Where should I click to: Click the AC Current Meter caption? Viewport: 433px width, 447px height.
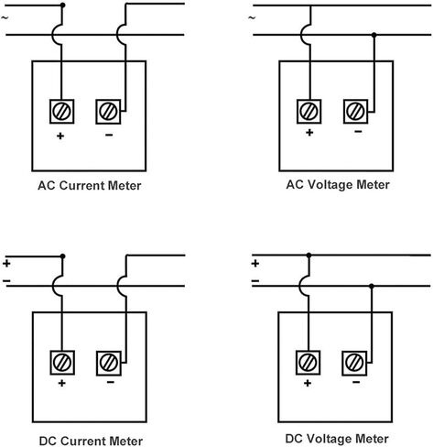[x=90, y=186]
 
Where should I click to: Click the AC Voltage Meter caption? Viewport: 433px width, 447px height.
[x=338, y=185]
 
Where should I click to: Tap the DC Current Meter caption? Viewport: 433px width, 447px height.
[x=91, y=441]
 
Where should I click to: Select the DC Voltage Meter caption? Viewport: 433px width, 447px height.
[x=337, y=439]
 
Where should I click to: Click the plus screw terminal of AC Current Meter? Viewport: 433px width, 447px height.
[x=61, y=112]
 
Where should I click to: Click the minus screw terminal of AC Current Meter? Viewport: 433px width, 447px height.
[x=108, y=112]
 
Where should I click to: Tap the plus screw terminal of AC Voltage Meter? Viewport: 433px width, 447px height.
[x=309, y=112]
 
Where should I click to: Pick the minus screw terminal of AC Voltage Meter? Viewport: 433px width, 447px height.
[x=355, y=112]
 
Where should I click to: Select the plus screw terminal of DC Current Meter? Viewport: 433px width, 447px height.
[x=62, y=363]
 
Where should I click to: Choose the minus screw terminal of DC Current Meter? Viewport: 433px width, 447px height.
[x=109, y=364]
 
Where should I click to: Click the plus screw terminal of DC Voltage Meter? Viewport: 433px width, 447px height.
[x=308, y=363]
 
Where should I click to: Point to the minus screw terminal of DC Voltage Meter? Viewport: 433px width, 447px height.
[x=354, y=364]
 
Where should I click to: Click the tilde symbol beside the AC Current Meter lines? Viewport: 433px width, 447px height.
[x=5, y=17]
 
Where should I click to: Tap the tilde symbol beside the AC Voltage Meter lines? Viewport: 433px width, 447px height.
[x=252, y=17]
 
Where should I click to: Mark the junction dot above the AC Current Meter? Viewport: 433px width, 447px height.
[x=62, y=5]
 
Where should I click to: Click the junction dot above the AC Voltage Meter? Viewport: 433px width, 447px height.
[x=374, y=35]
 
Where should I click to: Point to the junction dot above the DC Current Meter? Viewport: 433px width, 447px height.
[x=63, y=256]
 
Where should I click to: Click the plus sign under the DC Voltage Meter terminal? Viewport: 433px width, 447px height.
[x=308, y=383]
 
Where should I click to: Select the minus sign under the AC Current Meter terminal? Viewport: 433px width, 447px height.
[x=109, y=135]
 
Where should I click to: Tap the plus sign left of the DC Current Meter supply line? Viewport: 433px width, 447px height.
[x=6, y=264]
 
